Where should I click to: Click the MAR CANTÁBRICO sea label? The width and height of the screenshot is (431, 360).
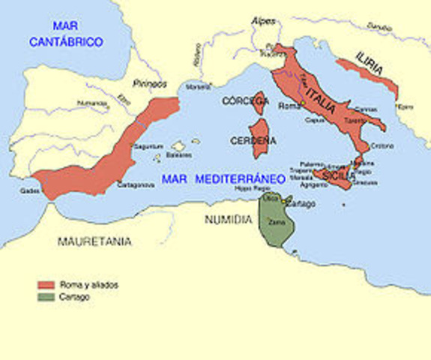point(65,35)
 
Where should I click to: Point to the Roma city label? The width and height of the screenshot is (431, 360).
point(289,106)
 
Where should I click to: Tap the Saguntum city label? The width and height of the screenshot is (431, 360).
point(148,146)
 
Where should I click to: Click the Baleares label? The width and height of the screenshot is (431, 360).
point(178,155)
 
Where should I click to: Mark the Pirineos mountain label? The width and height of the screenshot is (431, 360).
point(149,84)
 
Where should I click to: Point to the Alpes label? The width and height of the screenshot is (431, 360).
point(263,20)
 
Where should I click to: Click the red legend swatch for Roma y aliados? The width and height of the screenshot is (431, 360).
point(46,285)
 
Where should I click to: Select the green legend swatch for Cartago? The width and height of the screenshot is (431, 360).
point(46,297)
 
